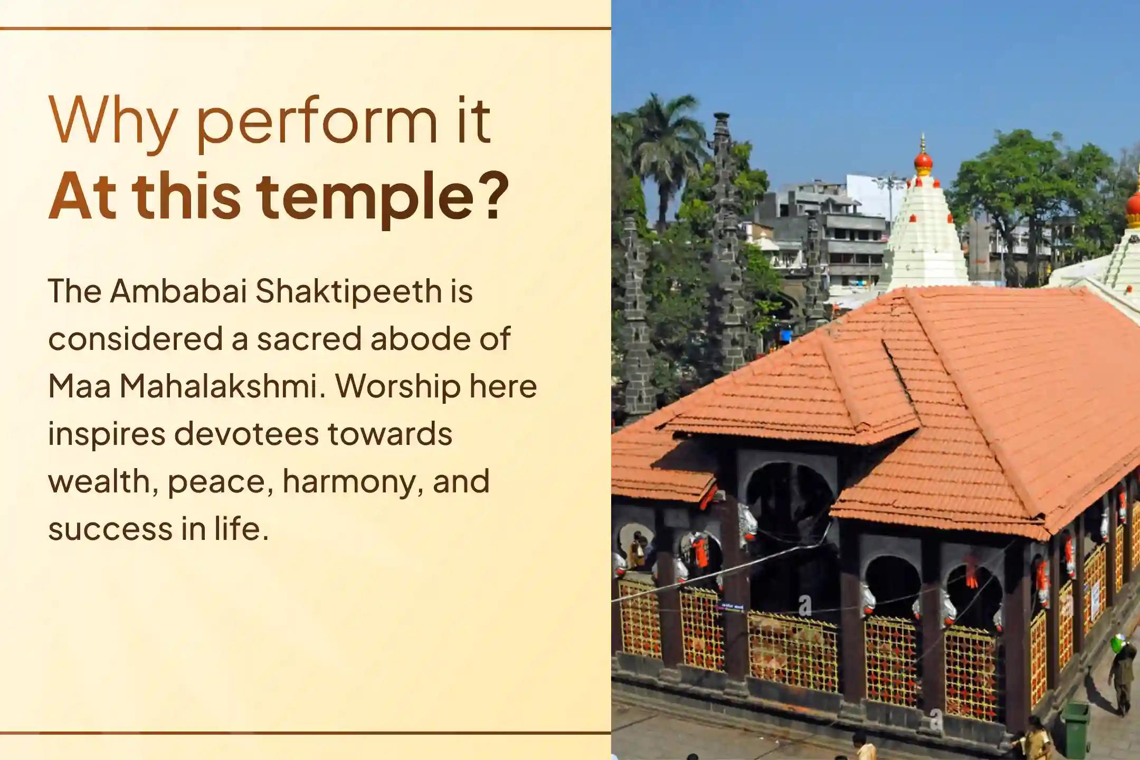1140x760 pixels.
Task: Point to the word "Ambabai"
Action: (178, 291)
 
